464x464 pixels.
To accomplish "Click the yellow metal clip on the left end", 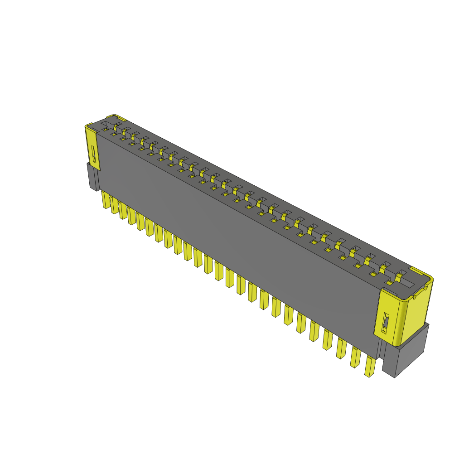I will pyautogui.click(x=92, y=147).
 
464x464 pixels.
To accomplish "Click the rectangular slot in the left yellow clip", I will pyautogui.click(x=94, y=155).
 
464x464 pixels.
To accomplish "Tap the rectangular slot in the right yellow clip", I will pyautogui.click(x=386, y=323).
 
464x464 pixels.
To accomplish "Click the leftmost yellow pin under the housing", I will pyautogui.click(x=106, y=200).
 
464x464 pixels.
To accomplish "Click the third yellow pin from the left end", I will pyautogui.click(x=123, y=211).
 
